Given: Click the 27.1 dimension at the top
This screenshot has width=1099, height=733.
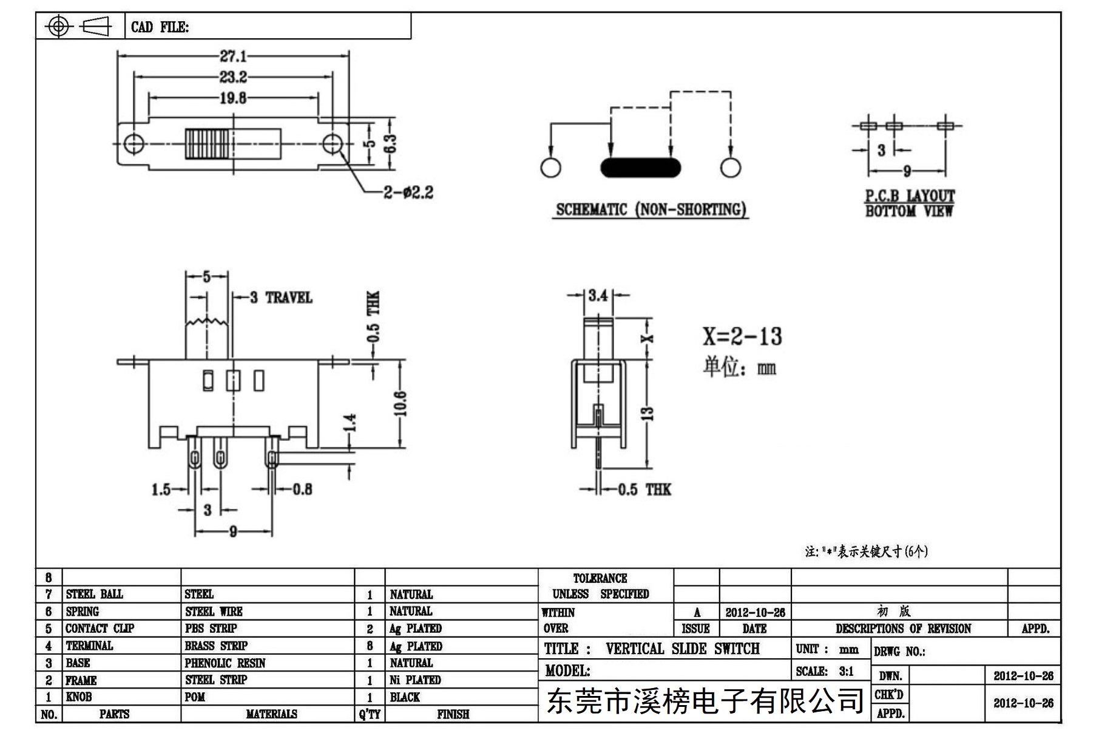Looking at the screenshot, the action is click(233, 56).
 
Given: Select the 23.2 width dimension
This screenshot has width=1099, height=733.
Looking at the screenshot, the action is click(233, 77).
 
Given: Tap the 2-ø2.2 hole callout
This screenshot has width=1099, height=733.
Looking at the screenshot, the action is click(408, 193).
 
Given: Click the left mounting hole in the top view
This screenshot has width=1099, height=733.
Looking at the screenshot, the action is click(134, 144).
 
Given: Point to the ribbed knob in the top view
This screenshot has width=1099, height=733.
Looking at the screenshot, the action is click(208, 144).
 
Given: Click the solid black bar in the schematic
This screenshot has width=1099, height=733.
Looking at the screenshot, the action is click(640, 168).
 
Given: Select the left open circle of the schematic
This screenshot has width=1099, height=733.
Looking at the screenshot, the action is click(550, 168).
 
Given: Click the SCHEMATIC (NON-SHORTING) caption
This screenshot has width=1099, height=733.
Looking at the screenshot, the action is click(651, 210).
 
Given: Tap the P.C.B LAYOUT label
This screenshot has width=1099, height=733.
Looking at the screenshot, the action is click(910, 196).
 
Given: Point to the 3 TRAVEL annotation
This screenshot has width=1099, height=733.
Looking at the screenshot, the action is click(281, 298).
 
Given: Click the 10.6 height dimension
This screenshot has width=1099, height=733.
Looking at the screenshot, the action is click(400, 404).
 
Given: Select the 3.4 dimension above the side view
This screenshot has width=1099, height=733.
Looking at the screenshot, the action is click(598, 296).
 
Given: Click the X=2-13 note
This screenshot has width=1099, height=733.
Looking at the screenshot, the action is click(742, 336).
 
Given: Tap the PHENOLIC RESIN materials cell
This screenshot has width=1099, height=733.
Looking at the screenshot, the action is click(225, 663).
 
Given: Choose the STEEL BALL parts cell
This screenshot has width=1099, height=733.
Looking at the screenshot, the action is click(95, 594).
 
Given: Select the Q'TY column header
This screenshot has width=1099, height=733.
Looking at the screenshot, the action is click(370, 714).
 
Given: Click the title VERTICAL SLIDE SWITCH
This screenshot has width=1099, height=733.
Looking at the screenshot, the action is click(683, 649).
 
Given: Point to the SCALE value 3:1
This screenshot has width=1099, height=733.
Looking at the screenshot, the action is click(846, 671).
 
